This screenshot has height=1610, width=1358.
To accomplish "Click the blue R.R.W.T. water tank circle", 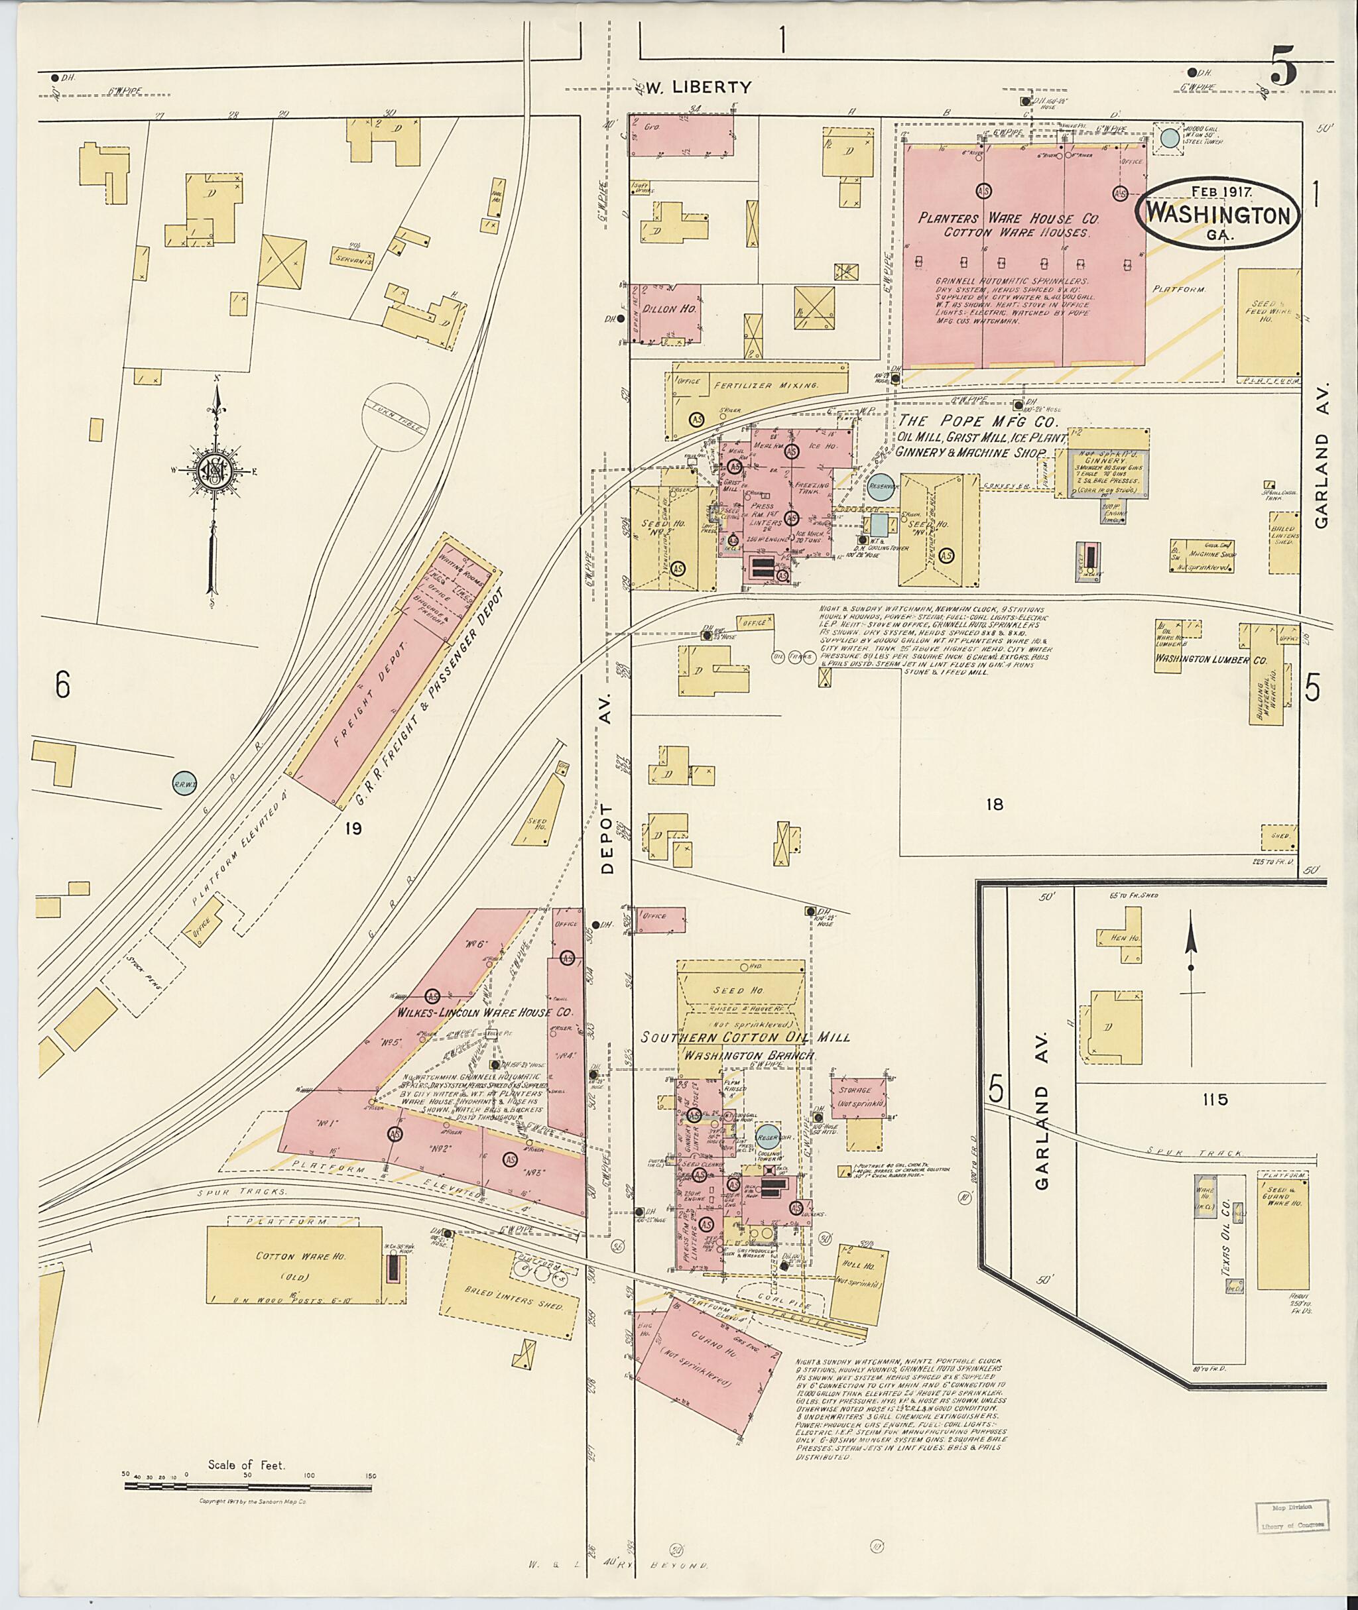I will (183, 783).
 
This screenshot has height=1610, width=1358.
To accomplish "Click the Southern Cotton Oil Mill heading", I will (745, 1037).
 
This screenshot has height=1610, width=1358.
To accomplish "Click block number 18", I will (995, 804).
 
